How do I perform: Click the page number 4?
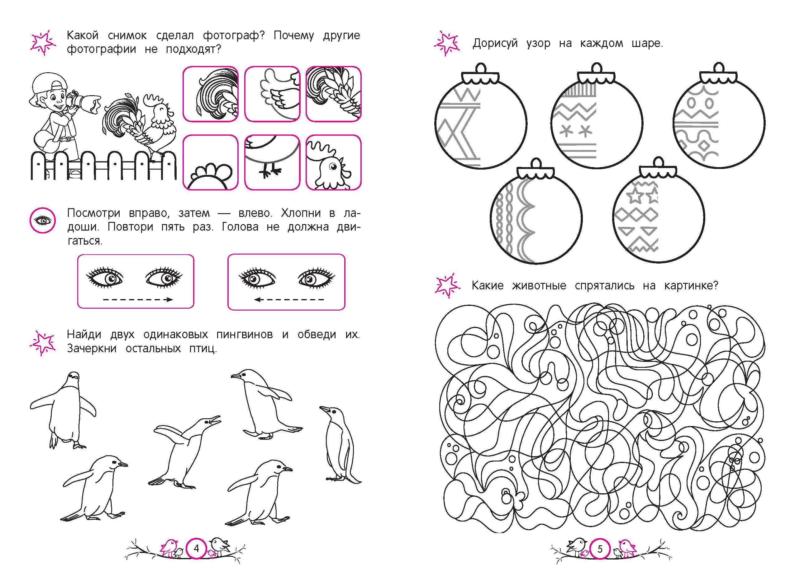[x=196, y=548]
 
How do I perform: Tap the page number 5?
[x=600, y=549]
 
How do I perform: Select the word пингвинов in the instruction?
[x=244, y=335]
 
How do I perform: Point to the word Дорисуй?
[x=495, y=44]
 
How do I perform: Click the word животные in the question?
[x=539, y=286]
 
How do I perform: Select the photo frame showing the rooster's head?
[x=333, y=162]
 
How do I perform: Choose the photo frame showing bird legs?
[x=272, y=162]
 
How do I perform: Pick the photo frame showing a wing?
[x=272, y=94]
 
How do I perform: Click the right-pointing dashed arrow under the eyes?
[x=138, y=299]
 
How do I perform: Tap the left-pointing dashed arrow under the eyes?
[x=289, y=300]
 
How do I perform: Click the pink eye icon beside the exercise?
[x=42, y=220]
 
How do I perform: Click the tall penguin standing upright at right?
[x=339, y=445]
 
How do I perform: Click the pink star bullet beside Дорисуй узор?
[x=446, y=44]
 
